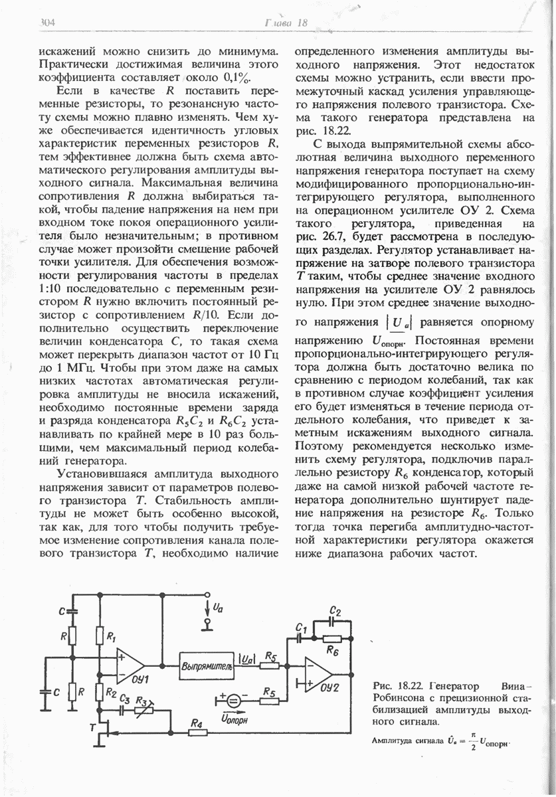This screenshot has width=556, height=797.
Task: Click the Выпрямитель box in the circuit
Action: click(x=205, y=665)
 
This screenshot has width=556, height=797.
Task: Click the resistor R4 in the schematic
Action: click(x=195, y=733)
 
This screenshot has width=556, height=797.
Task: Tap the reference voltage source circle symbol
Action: click(x=233, y=700)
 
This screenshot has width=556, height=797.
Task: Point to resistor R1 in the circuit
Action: click(x=100, y=636)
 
